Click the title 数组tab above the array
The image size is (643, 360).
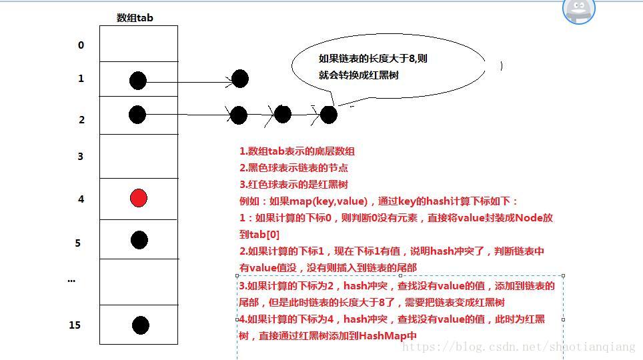click(135, 18)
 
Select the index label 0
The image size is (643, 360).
click(81, 45)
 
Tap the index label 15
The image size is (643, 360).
click(75, 325)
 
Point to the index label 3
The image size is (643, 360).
click(81, 157)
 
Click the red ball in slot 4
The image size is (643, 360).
click(138, 198)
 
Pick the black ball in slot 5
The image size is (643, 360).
click(139, 240)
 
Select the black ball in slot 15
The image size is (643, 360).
click(140, 325)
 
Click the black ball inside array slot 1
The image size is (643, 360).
click(137, 81)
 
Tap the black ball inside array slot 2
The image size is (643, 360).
click(137, 115)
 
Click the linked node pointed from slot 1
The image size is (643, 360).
click(240, 79)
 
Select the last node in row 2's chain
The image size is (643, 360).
click(328, 115)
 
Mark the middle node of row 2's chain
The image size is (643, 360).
click(283, 114)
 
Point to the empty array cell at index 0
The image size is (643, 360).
click(138, 44)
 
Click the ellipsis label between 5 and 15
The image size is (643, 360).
click(71, 280)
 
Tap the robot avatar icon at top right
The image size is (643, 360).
click(578, 10)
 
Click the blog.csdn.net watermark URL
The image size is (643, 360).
click(520, 347)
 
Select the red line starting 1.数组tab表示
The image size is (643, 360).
click(297, 152)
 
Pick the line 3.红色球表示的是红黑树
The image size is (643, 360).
click(293, 184)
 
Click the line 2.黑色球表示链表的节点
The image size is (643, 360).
click(293, 168)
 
